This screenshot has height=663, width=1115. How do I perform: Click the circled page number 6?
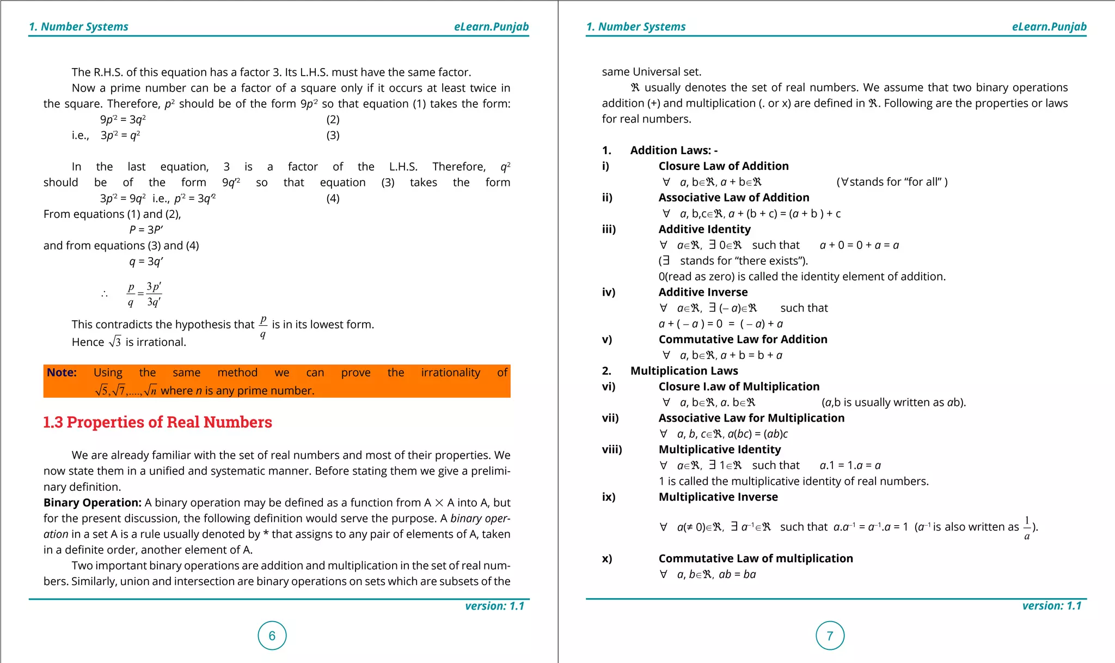pos(272,635)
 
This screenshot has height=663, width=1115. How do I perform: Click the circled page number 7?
pos(830,635)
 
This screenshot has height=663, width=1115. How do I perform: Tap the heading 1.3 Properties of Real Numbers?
pos(157,422)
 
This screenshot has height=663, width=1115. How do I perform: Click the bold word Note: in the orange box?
pos(62,373)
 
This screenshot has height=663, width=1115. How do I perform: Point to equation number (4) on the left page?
pos(333,198)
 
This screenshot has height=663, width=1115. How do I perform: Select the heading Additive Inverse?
pos(703,293)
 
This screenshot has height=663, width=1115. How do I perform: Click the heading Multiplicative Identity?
pos(719,449)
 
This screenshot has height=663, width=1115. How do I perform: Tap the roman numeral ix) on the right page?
pos(609,497)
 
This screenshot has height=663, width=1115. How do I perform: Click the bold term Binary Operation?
pos(93,502)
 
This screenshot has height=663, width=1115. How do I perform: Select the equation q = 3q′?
pos(146,261)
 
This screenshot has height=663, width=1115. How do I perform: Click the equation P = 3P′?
pos(146,230)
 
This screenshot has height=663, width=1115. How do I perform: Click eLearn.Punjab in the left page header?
pos(491,27)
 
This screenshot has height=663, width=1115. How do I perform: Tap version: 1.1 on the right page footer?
pos(1051,606)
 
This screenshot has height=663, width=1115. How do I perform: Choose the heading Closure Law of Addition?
pos(723,166)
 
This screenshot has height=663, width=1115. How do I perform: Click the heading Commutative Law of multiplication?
pos(755,558)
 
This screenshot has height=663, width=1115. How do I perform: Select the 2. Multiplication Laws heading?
pos(684,371)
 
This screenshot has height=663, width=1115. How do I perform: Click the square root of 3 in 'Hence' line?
pos(115,342)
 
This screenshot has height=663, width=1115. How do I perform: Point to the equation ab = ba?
pos(737,574)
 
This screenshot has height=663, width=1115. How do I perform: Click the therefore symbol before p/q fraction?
pos(105,295)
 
